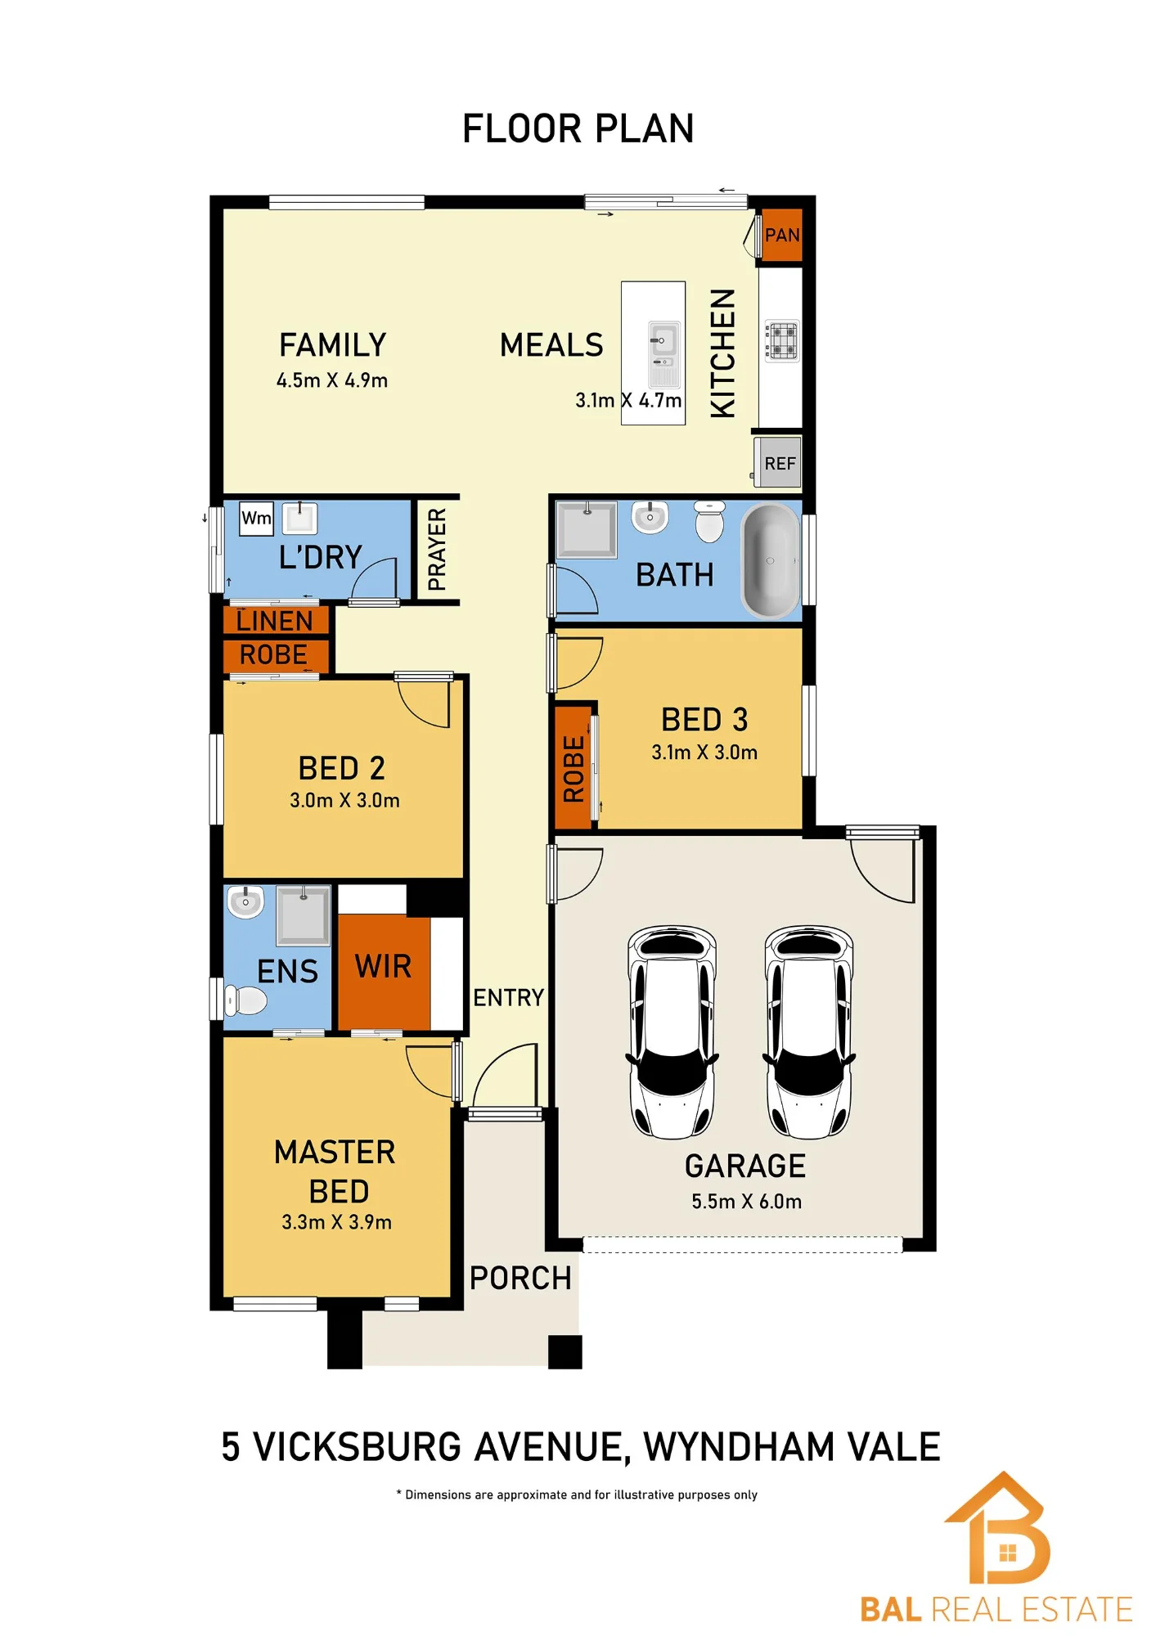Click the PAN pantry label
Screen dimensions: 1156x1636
[x=782, y=236]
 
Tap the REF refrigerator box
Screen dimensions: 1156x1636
[x=777, y=463]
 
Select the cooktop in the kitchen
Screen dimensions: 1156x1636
[x=781, y=341]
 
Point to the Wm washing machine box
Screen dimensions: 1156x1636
[x=256, y=518]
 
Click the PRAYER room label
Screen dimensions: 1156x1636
[x=437, y=549]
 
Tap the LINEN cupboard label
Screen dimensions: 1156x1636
[x=274, y=621]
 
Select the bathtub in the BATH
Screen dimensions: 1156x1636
[x=770, y=560]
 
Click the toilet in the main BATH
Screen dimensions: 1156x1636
[x=709, y=521]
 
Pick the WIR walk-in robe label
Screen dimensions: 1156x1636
[x=383, y=967]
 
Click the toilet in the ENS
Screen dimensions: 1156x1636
[x=245, y=1000]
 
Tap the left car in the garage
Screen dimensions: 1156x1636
[x=672, y=1031]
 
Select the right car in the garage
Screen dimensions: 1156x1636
[x=809, y=1031]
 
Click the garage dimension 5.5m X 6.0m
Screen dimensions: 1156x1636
[x=746, y=1201]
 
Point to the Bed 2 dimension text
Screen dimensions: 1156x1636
[x=344, y=800]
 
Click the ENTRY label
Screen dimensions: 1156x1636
[x=508, y=997]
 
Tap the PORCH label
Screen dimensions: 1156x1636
[x=520, y=1278]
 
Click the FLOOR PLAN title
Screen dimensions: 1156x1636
[x=578, y=128]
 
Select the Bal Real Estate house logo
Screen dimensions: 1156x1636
[x=997, y=1527]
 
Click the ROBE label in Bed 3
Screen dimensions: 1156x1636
[x=574, y=769]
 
